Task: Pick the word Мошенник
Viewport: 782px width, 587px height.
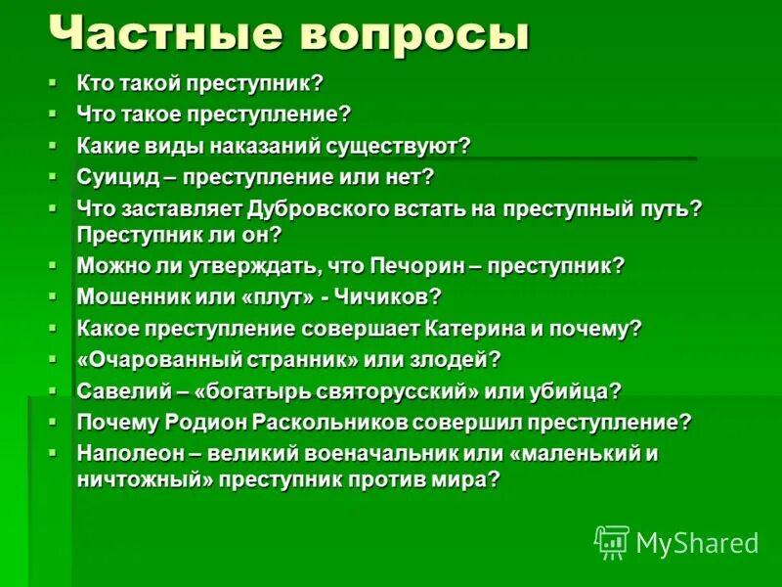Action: (134, 295)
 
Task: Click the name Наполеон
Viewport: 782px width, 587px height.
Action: (127, 453)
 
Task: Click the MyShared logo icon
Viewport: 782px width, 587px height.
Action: (612, 542)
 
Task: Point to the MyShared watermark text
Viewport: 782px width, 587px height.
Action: (697, 543)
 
